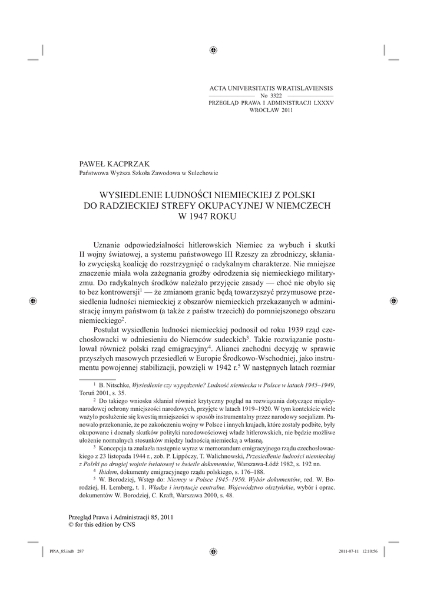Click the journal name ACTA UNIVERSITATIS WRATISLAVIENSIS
coord(272,88)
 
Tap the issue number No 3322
coord(272,95)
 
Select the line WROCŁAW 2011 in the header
coord(272,109)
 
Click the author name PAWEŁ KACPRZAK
coord(111,164)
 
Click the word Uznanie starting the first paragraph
coord(108,245)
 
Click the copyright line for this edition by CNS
coord(102,525)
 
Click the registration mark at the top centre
coord(213,50)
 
